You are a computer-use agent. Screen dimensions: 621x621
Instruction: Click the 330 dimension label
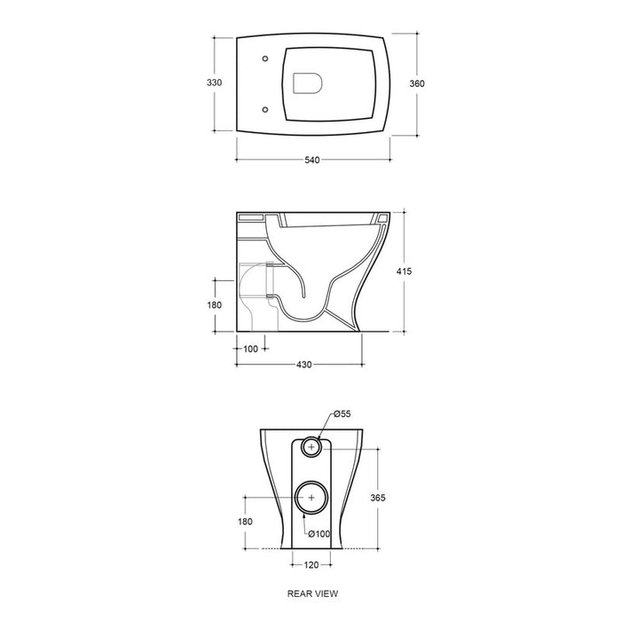[x=215, y=83]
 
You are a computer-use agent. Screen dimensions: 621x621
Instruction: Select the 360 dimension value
[x=417, y=83]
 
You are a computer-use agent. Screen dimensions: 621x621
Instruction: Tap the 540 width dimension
[x=312, y=160]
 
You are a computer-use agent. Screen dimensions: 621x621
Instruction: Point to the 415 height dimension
[x=404, y=271]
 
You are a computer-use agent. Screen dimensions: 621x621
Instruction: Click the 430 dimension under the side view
[x=303, y=365]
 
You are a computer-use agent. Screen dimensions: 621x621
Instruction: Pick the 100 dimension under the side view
[x=250, y=349]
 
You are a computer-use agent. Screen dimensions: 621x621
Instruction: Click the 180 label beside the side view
[x=215, y=305]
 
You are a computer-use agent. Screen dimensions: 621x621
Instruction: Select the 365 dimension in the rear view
[x=378, y=498]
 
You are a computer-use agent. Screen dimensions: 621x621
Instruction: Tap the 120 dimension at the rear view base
[x=311, y=565]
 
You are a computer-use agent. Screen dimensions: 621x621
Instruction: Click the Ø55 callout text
[x=342, y=414]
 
